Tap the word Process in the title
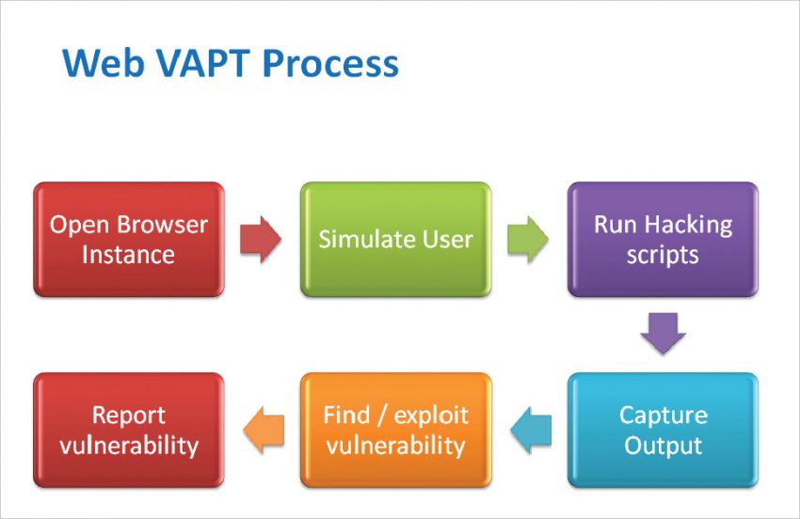click(330, 64)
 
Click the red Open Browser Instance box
click(129, 240)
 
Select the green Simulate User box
click(395, 240)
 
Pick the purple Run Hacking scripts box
click(663, 240)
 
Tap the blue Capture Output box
click(663, 430)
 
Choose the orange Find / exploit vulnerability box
click(395, 430)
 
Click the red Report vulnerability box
click(129, 430)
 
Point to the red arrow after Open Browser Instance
click(261, 240)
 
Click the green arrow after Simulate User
click(528, 240)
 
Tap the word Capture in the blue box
click(663, 416)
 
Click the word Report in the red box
click(129, 416)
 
